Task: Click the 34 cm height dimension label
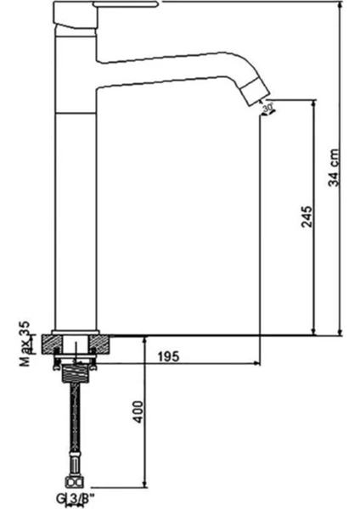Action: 335,168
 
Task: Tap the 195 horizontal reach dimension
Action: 169,356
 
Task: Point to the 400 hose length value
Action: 138,412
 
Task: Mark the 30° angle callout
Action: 268,108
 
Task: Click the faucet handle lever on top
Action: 125,4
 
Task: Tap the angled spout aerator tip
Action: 257,92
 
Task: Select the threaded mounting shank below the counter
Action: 75,373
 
